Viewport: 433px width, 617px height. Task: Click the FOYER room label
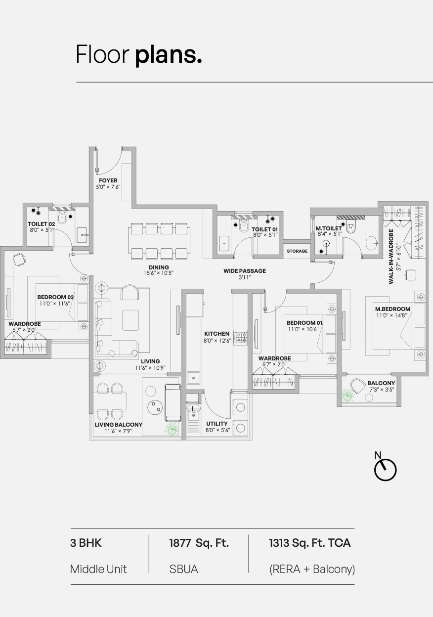pos(108,180)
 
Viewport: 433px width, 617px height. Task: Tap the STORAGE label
pos(297,251)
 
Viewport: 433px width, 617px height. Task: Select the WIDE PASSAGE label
pos(245,271)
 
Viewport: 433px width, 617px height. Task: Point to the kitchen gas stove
pos(240,337)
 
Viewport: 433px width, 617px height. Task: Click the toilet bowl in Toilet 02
pos(62,218)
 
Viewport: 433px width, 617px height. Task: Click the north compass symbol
pos(385,468)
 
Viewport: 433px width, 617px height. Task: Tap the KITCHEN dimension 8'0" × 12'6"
pos(217,341)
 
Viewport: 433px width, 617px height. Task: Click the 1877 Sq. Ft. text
pos(199,543)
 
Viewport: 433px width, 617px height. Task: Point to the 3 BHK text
pos(86,543)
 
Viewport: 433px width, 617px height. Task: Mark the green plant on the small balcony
pos(347,396)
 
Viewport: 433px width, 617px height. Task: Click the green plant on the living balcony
pos(172,429)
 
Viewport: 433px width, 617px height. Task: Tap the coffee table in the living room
pos(130,320)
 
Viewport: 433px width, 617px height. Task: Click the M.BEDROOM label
pos(392,309)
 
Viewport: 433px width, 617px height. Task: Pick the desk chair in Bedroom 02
pos(20,259)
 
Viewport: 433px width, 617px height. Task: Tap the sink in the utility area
pos(193,408)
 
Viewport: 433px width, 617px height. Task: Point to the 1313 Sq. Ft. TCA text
pos(309,543)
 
